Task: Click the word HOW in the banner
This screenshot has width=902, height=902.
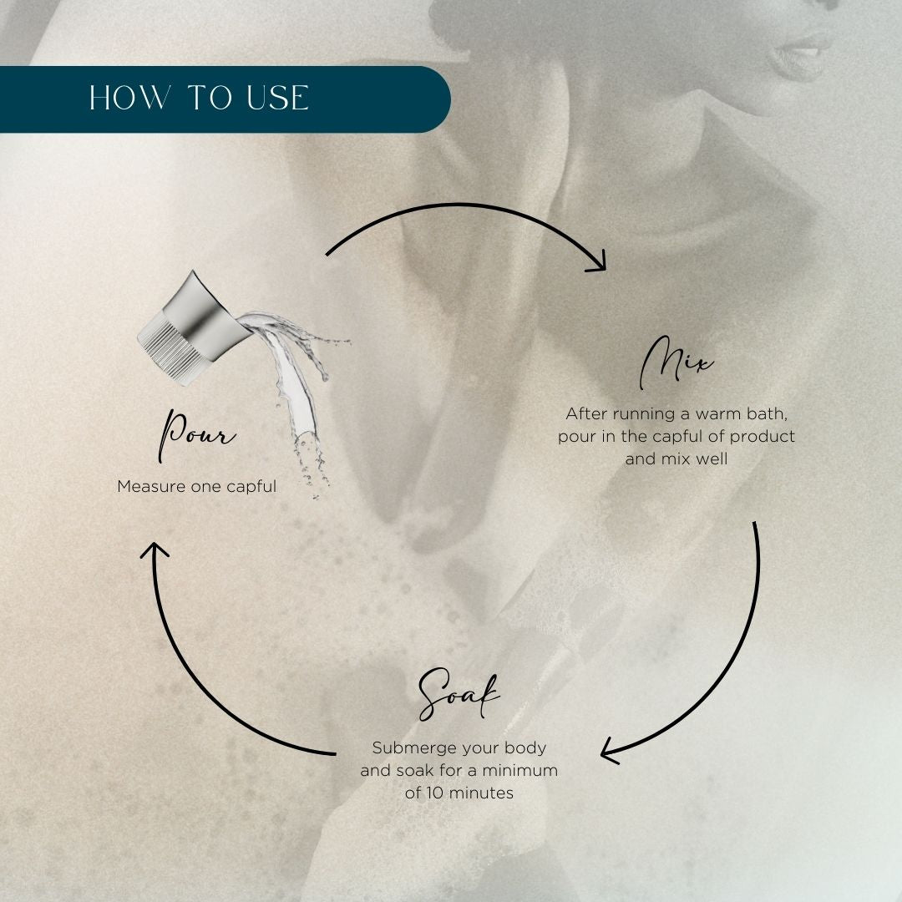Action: [130, 98]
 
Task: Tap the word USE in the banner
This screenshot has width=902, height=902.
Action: [278, 98]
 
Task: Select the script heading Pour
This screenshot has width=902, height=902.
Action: [197, 435]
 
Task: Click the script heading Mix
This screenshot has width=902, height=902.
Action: [676, 363]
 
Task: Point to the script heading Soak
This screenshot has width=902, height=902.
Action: [459, 694]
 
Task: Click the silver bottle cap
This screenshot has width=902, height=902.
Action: [193, 328]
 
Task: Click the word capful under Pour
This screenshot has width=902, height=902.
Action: [251, 487]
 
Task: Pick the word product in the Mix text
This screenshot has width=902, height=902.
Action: [763, 437]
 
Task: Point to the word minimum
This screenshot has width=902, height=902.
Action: [520, 770]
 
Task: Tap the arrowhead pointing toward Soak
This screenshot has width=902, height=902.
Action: [610, 752]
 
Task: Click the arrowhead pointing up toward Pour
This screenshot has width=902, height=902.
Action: [155, 550]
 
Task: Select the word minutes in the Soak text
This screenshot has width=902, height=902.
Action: [481, 793]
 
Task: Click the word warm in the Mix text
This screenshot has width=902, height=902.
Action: [718, 413]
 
